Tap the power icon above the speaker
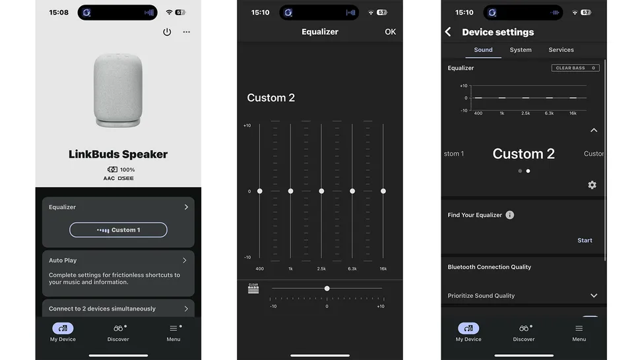pos(167,32)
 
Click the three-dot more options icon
pos(187,32)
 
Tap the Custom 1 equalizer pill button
pos(118,230)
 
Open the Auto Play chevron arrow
pos(185,260)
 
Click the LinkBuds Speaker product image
pos(118,90)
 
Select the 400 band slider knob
pos(259,191)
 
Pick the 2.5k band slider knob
pos(321,191)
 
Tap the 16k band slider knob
pos(383,191)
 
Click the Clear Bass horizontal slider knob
pos(327,289)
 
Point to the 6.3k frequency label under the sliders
pos(352,268)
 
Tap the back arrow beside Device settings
pos(448,32)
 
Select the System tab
pos(521,49)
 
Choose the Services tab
pos(561,49)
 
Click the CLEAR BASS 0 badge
pos(575,68)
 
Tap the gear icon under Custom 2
pos(592,185)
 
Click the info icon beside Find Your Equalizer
pos(510,215)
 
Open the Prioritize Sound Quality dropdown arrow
pos(594,295)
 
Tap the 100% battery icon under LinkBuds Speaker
pos(112,169)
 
